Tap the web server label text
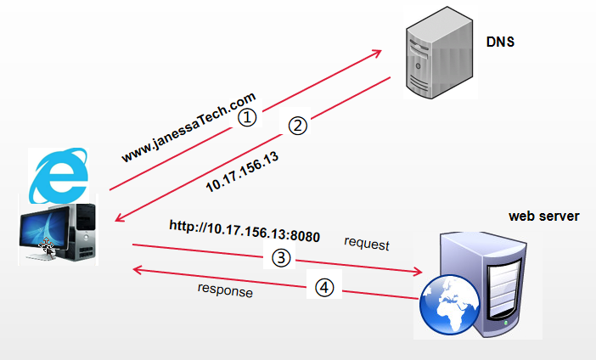[x=543, y=217]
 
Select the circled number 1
[x=245, y=117]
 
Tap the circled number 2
[x=296, y=126]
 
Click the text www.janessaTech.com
[x=188, y=128]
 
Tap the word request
[x=366, y=245]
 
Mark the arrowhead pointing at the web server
[x=417, y=272]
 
